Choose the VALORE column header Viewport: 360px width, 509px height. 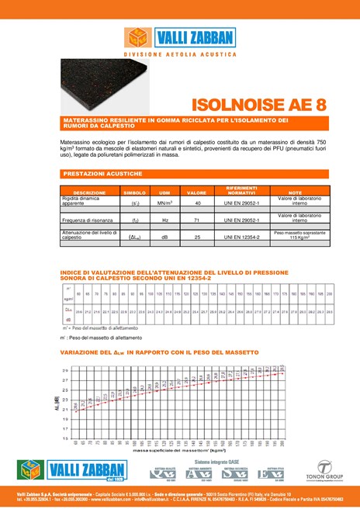click(x=197, y=192)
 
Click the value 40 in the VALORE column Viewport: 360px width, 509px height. click(x=198, y=203)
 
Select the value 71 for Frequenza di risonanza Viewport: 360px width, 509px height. click(x=198, y=220)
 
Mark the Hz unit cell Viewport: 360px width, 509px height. click(x=164, y=220)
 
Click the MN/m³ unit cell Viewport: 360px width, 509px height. click(x=164, y=203)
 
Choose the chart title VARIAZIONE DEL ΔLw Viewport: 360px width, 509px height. click(x=159, y=353)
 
